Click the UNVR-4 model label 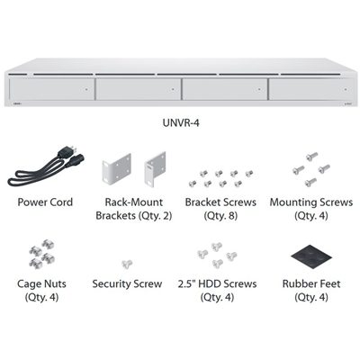click(x=181, y=122)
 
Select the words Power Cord click(x=45, y=202)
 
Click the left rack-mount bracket click(x=117, y=168)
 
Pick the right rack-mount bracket click(x=156, y=168)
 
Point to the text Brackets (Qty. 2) click(x=134, y=216)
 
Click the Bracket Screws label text click(x=220, y=202)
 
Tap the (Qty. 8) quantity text click(x=220, y=216)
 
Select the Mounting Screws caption click(x=311, y=202)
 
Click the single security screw click(x=127, y=264)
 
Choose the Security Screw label click(x=127, y=283)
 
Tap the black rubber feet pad click(x=311, y=256)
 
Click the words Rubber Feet click(x=311, y=283)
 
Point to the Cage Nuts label click(x=41, y=283)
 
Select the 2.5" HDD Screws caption click(x=217, y=283)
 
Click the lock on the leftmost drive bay click(x=86, y=89)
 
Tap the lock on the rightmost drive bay click(x=346, y=89)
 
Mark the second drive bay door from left click(x=139, y=89)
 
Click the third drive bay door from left click(x=225, y=89)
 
